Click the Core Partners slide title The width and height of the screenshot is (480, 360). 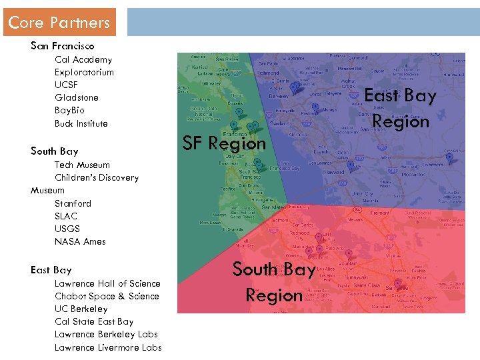[x=59, y=23]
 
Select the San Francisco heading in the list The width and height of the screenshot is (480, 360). [x=63, y=46]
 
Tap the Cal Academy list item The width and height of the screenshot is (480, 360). [x=83, y=60]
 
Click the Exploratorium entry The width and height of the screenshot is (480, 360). [x=84, y=73]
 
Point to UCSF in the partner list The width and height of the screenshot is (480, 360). [x=66, y=85]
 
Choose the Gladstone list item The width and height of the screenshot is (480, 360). [x=76, y=98]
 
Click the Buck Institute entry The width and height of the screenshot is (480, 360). [x=81, y=124]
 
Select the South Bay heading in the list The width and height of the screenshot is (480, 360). [x=54, y=151]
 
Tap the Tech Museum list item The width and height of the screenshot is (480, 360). [x=82, y=165]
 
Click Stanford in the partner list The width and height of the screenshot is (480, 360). [x=73, y=203]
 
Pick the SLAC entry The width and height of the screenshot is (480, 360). [x=66, y=216]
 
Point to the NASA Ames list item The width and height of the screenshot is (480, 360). [x=80, y=242]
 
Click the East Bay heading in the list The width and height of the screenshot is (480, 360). [x=51, y=270]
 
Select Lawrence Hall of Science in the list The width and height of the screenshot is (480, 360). [x=107, y=284]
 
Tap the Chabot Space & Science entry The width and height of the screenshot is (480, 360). [x=107, y=297]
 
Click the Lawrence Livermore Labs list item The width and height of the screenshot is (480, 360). [x=108, y=347]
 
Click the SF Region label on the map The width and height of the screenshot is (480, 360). [x=224, y=143]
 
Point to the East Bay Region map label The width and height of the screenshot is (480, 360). [x=400, y=109]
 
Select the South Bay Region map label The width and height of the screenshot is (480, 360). [x=273, y=282]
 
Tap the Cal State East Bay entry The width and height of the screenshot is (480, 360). [x=94, y=322]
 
